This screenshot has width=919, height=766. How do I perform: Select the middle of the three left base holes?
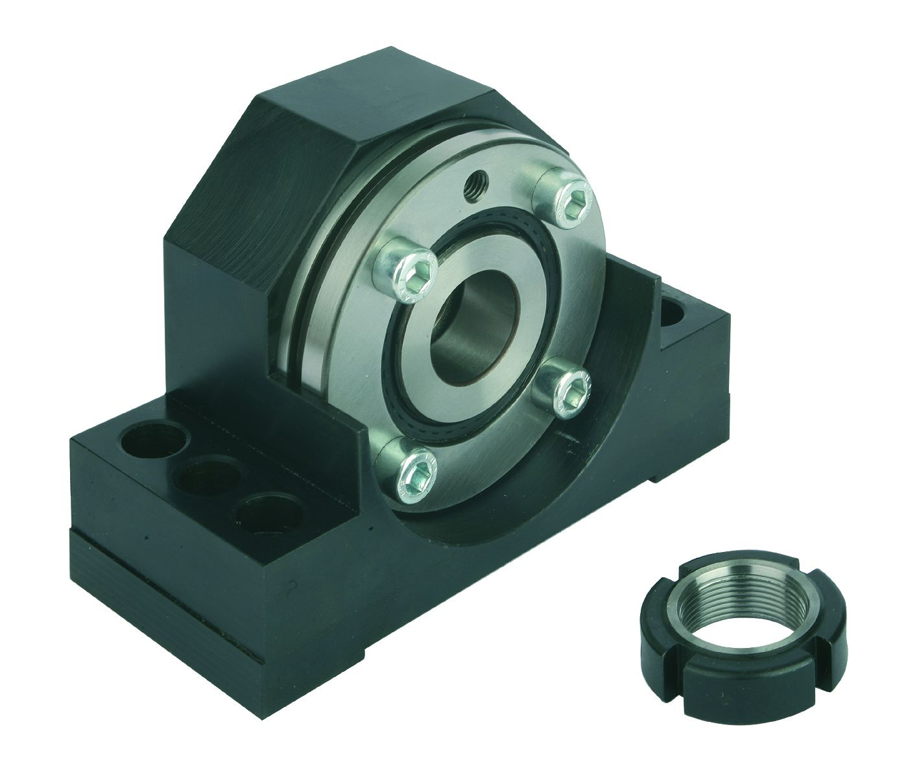(x=202, y=479)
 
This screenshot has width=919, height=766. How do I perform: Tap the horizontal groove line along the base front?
(x=195, y=590)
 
